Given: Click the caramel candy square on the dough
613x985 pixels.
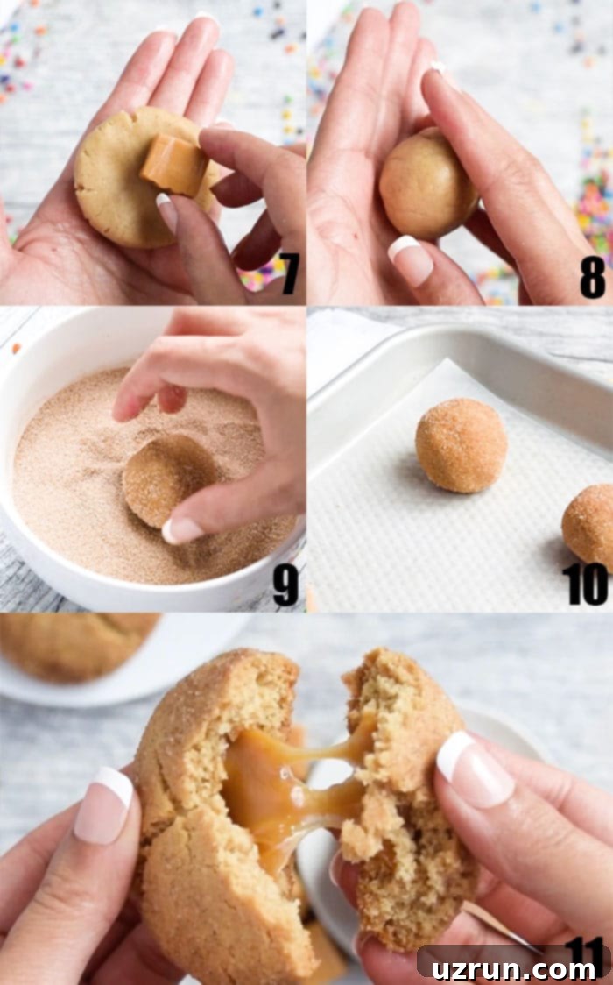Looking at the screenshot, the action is point(173,164).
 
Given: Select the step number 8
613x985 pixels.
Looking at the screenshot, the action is point(592,276).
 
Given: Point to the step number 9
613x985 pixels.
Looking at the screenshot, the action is point(285,585).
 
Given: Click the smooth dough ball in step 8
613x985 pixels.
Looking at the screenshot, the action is point(427,183).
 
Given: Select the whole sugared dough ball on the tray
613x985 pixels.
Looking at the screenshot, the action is point(462,445).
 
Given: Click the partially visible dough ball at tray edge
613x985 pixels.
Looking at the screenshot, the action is point(588,520).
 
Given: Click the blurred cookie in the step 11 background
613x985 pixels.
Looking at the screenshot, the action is point(75,646).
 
